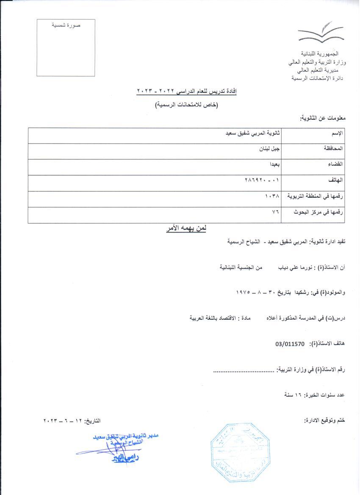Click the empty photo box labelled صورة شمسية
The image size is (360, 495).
click(x=66, y=48)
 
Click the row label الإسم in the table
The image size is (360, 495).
click(x=337, y=134)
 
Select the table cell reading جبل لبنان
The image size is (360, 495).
click(x=269, y=149)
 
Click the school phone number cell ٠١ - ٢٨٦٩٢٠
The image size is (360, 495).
click(x=263, y=180)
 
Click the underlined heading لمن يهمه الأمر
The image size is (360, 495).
click(x=186, y=229)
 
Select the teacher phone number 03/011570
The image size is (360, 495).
click(x=290, y=344)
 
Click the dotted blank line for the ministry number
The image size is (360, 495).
click(x=244, y=370)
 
